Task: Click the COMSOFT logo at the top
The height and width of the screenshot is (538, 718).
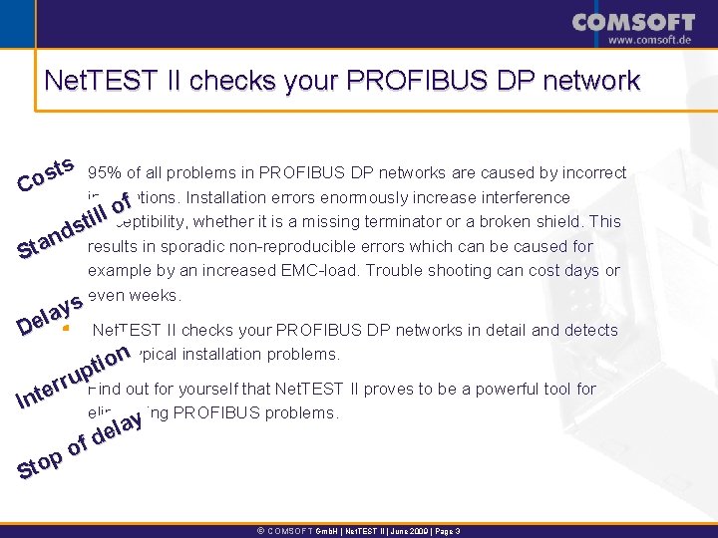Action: tap(633, 22)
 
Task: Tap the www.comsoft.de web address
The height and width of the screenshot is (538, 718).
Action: tap(650, 40)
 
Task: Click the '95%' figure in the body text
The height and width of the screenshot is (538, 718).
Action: tap(105, 173)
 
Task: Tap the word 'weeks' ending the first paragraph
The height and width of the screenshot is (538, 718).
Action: tap(154, 296)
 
